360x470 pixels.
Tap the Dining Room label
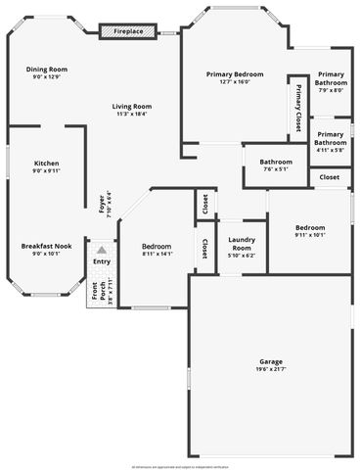click(47, 70)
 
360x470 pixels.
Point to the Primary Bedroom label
click(235, 74)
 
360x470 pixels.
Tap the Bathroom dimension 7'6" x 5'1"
click(276, 169)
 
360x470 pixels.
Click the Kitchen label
click(47, 163)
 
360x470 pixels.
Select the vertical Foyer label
click(102, 206)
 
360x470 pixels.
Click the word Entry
click(102, 261)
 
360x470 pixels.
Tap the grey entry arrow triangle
click(101, 250)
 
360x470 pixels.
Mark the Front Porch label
click(96, 291)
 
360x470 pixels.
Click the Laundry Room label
click(242, 244)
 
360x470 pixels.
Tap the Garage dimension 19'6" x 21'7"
click(271, 369)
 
